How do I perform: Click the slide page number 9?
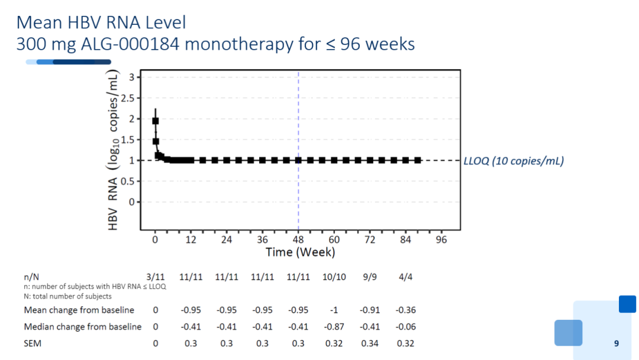click(616, 343)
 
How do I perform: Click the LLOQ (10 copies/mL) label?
click(514, 160)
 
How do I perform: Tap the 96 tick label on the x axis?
click(441, 240)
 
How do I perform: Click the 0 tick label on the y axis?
click(131, 202)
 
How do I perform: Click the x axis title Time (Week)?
click(301, 252)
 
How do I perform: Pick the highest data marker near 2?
click(155, 121)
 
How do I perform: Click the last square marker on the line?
click(418, 160)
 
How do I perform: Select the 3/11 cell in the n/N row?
click(155, 277)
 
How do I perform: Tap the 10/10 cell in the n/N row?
click(334, 277)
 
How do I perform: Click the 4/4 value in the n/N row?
click(405, 277)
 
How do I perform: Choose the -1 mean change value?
click(334, 310)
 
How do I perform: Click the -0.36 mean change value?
click(405, 310)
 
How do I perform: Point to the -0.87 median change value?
click(334, 327)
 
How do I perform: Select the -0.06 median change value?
click(405, 327)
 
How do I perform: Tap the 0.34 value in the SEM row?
click(370, 343)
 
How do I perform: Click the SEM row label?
click(33, 343)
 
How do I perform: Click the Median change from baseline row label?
click(83, 327)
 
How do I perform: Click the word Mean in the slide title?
click(39, 22)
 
